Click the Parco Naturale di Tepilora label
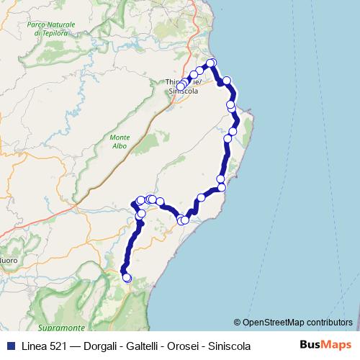pyautogui.click(x=51, y=28)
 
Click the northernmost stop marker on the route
pyautogui.click(x=212, y=63)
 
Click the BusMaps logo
pyautogui.click(x=325, y=346)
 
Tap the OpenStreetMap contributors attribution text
pyautogui.click(x=297, y=323)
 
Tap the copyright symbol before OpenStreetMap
pyautogui.click(x=238, y=323)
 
